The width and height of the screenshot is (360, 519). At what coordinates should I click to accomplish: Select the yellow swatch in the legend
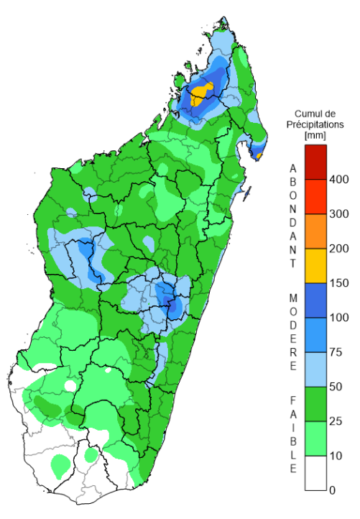tap(315, 266)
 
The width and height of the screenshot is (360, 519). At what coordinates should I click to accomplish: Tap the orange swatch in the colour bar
tap(315, 231)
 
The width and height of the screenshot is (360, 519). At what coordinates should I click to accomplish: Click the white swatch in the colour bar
tap(315, 473)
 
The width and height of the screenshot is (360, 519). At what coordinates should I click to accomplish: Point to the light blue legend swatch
tap(315, 369)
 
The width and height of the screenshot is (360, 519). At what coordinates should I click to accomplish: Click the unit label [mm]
tap(315, 134)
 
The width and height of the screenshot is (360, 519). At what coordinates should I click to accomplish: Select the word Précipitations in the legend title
tap(315, 124)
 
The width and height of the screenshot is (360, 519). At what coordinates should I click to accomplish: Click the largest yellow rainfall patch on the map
tap(203, 92)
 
